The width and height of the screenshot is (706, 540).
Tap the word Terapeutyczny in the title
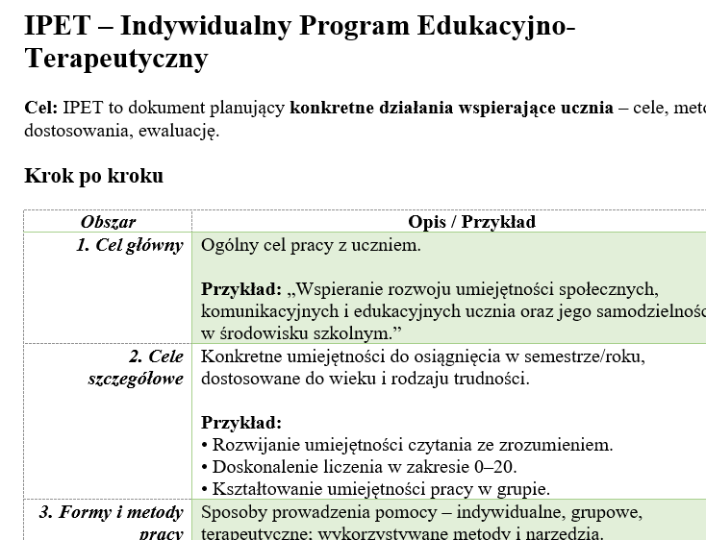click(115, 60)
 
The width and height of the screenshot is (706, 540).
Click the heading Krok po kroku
click(93, 176)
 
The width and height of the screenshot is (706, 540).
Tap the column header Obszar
click(108, 222)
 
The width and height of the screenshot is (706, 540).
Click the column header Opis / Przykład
click(471, 222)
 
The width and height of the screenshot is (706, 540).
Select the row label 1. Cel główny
click(130, 245)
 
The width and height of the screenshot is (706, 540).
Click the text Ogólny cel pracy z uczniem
click(311, 245)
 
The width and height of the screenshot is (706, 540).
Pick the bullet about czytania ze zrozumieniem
click(407, 445)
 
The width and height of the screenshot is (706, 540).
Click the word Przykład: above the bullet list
click(241, 423)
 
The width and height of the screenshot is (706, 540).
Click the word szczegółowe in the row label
click(136, 379)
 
